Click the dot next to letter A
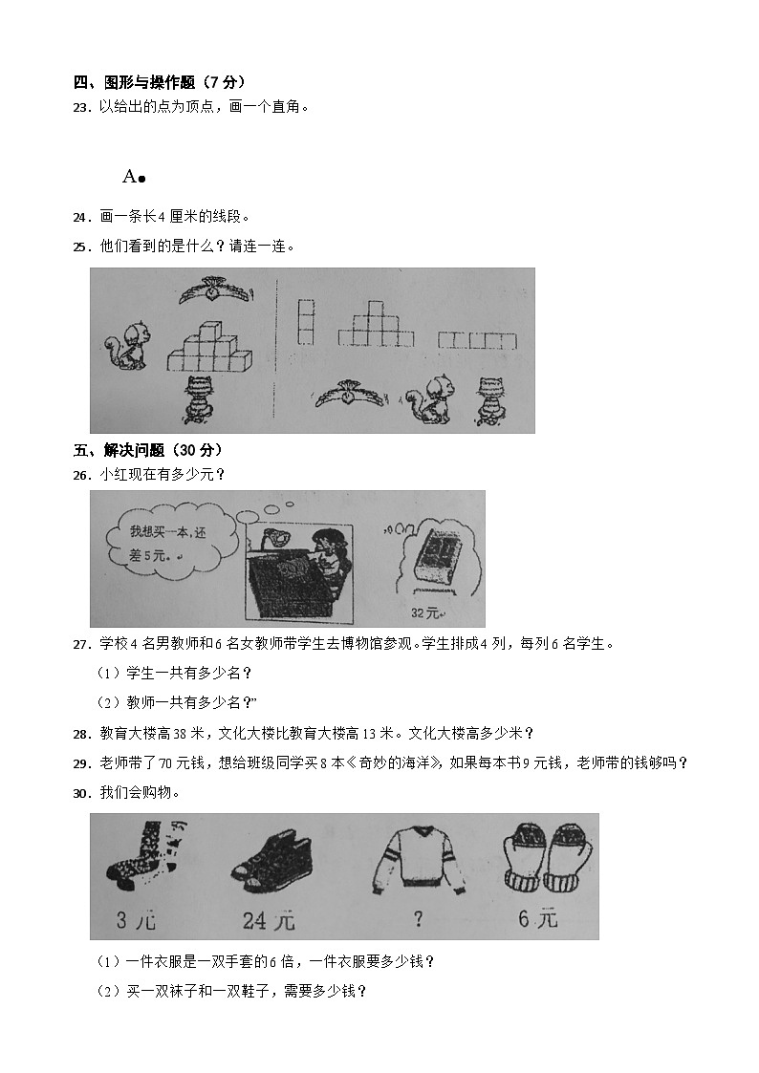click(141, 178)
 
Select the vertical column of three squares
click(306, 322)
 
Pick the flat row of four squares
click(477, 340)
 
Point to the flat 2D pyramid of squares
click(376, 324)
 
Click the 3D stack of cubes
click(210, 349)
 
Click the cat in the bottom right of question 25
click(490, 400)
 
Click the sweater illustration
click(415, 854)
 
